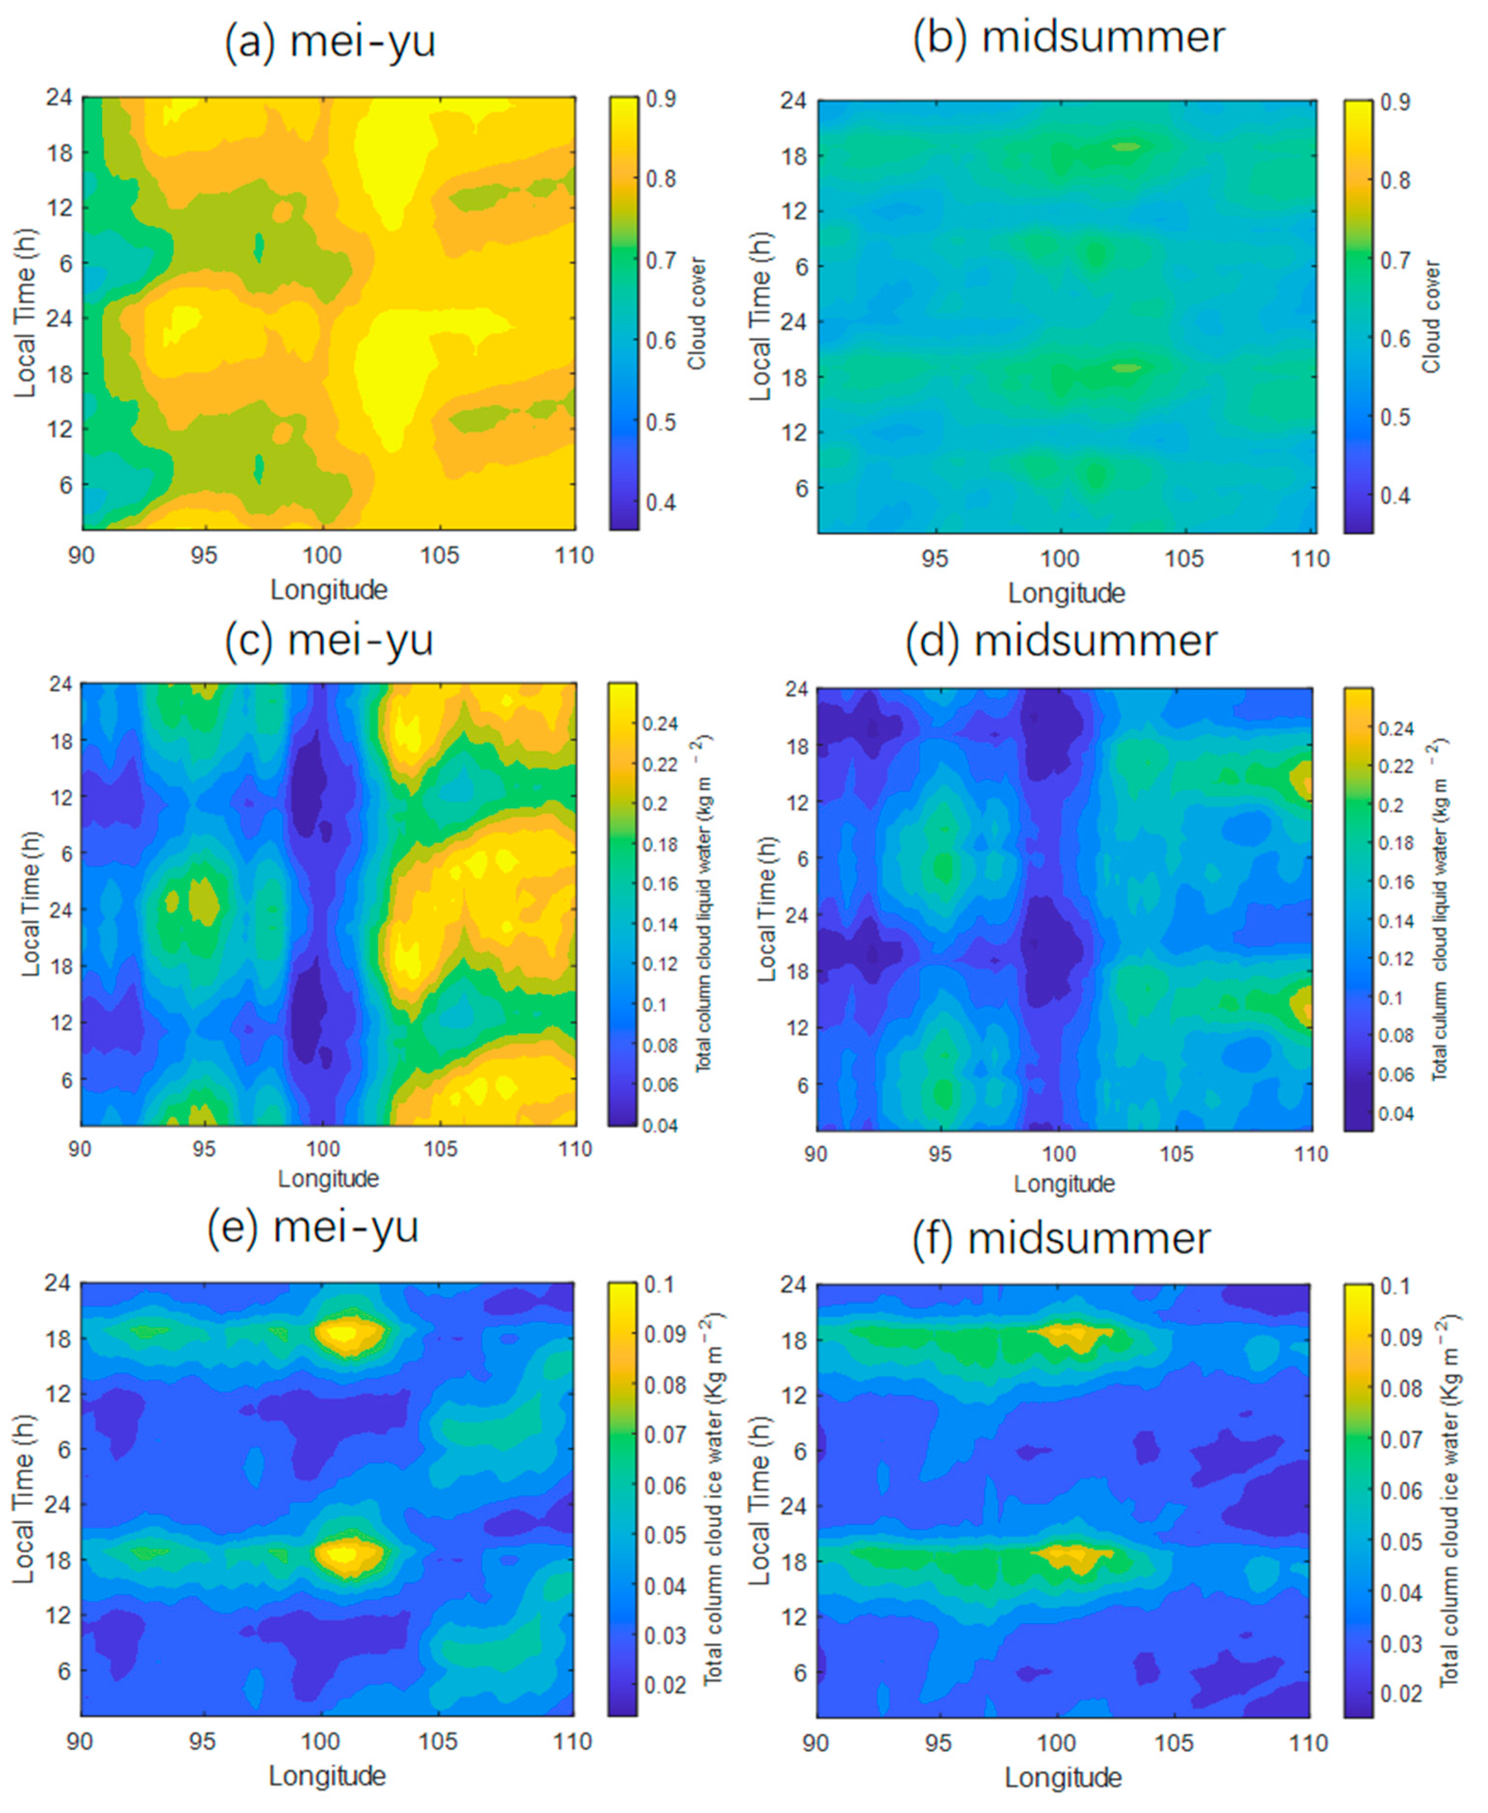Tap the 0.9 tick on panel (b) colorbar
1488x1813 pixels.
[1395, 102]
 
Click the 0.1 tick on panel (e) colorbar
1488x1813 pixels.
[660, 1284]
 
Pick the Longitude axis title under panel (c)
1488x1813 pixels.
[328, 1179]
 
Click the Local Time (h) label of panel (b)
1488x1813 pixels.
[759, 316]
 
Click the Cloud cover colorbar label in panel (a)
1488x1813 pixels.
[697, 314]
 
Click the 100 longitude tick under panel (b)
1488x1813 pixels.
[1060, 559]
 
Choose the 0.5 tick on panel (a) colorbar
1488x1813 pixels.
[660, 423]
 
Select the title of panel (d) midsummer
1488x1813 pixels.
[1061, 641]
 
